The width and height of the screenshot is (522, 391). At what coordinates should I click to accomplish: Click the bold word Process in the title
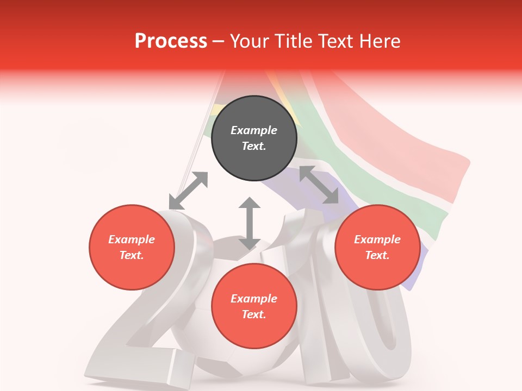point(171,41)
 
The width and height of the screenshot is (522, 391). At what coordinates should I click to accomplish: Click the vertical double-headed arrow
point(250,223)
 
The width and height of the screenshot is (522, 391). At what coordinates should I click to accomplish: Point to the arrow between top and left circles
point(188,191)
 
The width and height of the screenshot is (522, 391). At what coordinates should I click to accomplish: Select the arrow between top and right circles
point(319,185)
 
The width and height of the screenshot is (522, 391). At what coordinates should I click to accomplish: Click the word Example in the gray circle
point(254,130)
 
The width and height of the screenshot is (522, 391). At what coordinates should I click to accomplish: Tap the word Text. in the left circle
point(132,255)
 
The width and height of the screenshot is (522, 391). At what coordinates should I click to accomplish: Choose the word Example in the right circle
point(377,239)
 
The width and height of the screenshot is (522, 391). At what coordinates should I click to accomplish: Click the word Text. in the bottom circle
point(254,314)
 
